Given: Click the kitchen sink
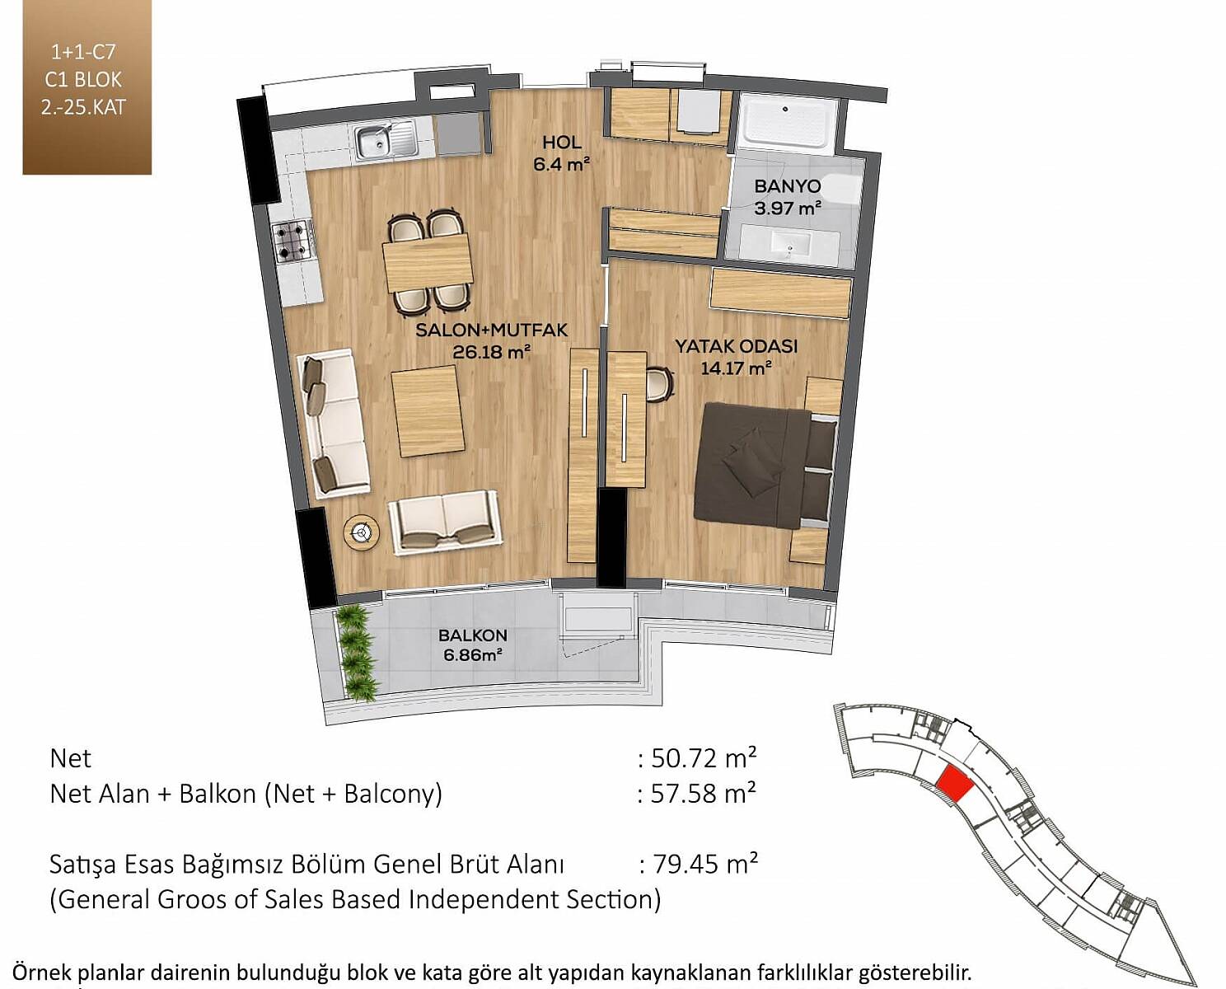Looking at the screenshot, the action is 386,141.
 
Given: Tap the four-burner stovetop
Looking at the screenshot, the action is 294,242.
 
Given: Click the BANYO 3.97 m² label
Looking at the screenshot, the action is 788,197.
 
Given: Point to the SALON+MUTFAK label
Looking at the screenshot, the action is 492,330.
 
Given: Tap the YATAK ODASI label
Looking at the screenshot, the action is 736,346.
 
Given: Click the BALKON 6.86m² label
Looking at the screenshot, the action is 472,644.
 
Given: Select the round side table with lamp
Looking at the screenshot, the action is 361,532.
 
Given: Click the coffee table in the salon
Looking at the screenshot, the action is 428,411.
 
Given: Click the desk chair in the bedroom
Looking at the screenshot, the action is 660,385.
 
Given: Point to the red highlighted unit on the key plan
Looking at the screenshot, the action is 955,785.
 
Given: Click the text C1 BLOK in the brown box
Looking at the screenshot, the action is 84,80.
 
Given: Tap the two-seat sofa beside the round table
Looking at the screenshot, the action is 445,523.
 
